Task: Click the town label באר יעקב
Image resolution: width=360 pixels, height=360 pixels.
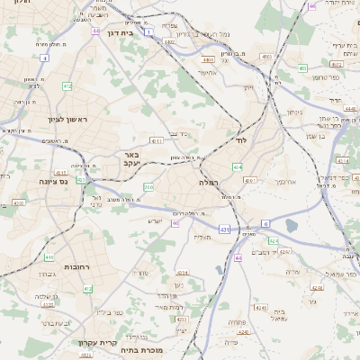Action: point(131,159)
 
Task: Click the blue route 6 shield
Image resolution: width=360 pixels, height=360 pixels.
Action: point(265,222)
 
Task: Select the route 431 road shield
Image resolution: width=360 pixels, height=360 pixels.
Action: point(223,230)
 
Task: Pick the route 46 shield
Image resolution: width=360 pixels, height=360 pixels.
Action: point(311,5)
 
